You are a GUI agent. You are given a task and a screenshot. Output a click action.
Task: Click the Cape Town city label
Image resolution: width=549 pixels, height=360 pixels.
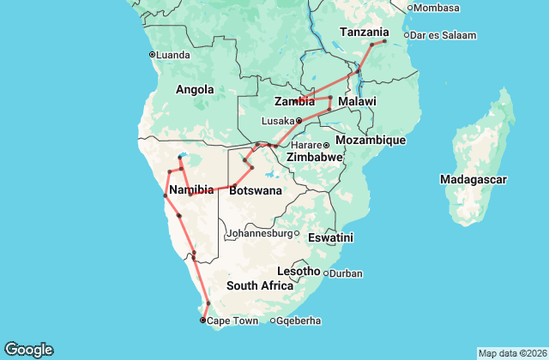coord(232,321)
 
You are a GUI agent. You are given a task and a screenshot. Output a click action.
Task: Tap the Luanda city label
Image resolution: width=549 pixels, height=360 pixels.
coord(172,55)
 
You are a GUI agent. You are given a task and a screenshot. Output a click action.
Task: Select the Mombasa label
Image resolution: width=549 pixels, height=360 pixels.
coord(438,8)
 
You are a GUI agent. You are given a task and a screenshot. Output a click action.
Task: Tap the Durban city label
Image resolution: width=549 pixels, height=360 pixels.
coord(346,273)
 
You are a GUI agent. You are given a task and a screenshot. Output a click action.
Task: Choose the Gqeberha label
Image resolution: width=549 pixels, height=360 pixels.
coord(299,321)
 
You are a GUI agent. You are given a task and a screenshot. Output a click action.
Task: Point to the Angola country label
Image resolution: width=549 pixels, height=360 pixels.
coord(194,89)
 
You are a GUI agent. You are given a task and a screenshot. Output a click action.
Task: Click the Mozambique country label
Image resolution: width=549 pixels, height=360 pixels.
coord(370,140)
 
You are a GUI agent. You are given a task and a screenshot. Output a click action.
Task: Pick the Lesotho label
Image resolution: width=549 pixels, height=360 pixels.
coord(299,271)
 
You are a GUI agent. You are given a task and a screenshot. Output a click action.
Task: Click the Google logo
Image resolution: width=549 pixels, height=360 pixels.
coord(28,350)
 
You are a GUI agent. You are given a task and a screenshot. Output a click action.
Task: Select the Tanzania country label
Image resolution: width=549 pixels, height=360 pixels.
coord(364,32)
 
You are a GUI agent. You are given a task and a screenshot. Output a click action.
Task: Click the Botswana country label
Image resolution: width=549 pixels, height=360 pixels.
coord(255,190)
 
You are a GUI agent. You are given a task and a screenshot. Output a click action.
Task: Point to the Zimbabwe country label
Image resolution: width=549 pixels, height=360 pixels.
coord(315,159)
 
